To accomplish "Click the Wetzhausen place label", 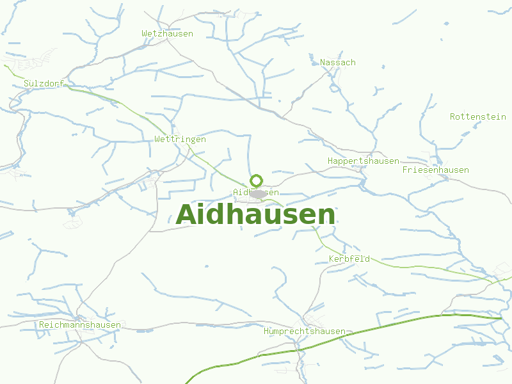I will coord(167,33).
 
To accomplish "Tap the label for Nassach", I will coord(338,62).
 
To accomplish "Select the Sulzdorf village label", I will coord(44,83).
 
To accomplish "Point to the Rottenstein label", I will coord(478,116).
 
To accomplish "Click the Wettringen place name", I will coord(180,139).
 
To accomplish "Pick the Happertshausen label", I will coord(363,161).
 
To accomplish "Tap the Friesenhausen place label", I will coord(435,170).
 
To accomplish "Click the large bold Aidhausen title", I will coord(255,214).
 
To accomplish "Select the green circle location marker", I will coord(257,180).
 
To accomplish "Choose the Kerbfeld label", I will coord(349,259).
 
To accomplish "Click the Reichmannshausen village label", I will coord(80,324).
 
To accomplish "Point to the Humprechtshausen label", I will coord(305,331).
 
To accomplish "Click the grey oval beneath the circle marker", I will coord(258,193).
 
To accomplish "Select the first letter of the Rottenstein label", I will coord(453,116).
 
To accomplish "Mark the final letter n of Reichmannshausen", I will coord(118,324).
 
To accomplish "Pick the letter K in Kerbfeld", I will coord(332,259).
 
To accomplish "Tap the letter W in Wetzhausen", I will coord(145,33).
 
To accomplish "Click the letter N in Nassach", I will coord(323,62).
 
